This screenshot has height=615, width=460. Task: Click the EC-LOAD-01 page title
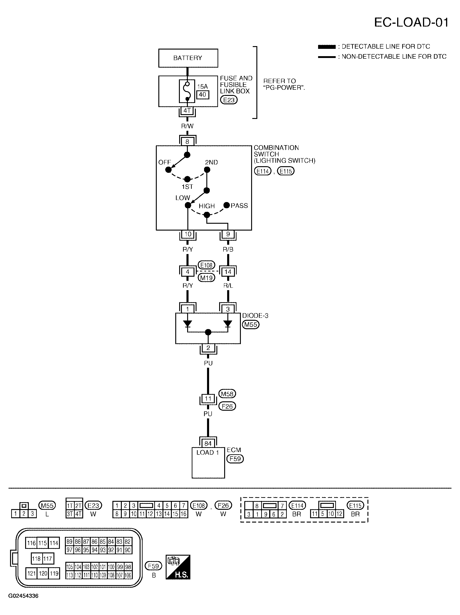411,23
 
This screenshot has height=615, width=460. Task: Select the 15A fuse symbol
187,91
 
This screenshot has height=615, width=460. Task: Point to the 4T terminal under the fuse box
187,111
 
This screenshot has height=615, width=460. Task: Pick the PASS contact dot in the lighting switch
226,205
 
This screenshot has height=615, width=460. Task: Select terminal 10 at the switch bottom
188,234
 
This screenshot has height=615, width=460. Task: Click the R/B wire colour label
228,249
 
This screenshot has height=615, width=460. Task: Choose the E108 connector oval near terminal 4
206,265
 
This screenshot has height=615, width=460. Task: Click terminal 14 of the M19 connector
228,272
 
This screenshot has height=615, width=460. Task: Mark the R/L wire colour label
228,286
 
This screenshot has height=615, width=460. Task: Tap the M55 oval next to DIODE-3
250,324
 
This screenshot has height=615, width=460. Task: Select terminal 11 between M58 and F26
208,398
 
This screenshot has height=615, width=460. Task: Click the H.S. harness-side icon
178,567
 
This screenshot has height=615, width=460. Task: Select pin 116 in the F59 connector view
31,543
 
